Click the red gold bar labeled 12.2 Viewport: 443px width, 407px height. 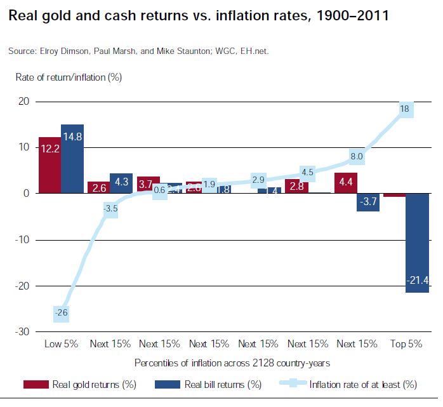tap(50, 165)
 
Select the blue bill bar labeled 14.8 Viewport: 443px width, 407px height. tap(72, 159)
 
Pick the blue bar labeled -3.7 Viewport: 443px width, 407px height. tap(369, 201)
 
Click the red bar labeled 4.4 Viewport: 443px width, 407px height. tap(345, 183)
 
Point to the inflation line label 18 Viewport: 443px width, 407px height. tap(404, 109)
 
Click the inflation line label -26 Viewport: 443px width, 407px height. tap(61, 312)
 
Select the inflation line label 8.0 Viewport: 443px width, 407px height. tap(357, 156)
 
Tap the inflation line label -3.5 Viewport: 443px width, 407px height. tap(110, 209)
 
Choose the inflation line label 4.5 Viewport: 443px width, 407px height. tap(307, 171)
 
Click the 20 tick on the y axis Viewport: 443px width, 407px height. tap(23, 102)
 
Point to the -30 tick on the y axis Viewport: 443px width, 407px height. tap(22, 331)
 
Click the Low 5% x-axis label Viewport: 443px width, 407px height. tap(61, 344)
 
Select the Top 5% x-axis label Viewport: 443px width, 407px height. tap(406, 344)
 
